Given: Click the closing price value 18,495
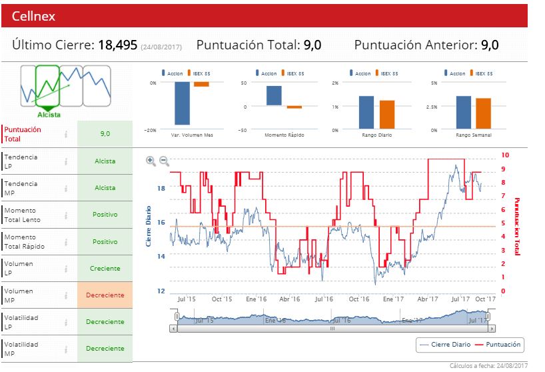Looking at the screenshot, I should (x=117, y=45).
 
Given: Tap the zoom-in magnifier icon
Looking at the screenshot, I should (x=151, y=161).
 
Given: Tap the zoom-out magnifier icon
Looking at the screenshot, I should (x=164, y=161).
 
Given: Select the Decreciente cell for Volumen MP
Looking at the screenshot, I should (x=105, y=295).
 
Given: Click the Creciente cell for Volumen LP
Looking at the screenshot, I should (x=105, y=268).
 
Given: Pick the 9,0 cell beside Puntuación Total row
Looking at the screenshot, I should (x=105, y=134).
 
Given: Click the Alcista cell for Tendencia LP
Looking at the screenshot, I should (x=105, y=161).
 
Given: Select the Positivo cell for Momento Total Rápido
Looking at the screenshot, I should (x=105, y=241).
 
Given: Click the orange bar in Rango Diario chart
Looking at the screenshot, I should (x=387, y=114).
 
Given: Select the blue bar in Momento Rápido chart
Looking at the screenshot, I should (x=274, y=95).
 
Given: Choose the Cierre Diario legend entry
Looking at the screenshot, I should (x=443, y=345).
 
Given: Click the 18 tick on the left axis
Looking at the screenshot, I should (x=161, y=189).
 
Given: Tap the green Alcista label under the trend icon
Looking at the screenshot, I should (x=49, y=115).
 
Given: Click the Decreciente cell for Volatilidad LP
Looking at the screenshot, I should (x=105, y=321).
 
